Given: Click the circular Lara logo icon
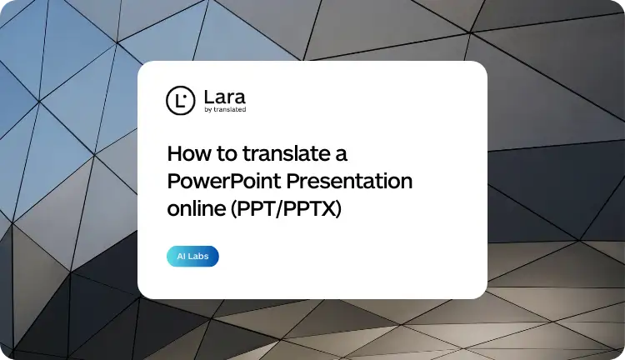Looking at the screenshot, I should pyautogui.click(x=179, y=100).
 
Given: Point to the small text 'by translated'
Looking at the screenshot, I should pyautogui.click(x=224, y=109).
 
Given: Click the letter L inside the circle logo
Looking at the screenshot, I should pyautogui.click(x=178, y=101).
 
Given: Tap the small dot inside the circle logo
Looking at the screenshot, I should pyautogui.click(x=184, y=96).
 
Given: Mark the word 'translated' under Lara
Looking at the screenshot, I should pyautogui.click(x=229, y=109).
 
